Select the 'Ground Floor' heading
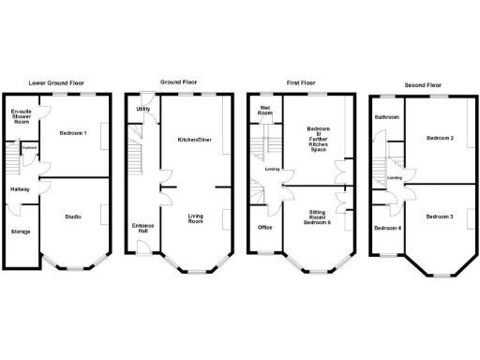(x=178, y=82)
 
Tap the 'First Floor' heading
(x=300, y=82)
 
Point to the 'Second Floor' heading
(x=422, y=82)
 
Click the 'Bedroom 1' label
(x=72, y=132)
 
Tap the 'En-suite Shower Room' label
(x=21, y=116)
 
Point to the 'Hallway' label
(x=20, y=190)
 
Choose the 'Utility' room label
(x=142, y=110)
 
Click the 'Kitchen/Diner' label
(x=194, y=140)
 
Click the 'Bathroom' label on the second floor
(x=386, y=117)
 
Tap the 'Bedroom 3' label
(x=439, y=217)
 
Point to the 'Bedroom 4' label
(x=386, y=228)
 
